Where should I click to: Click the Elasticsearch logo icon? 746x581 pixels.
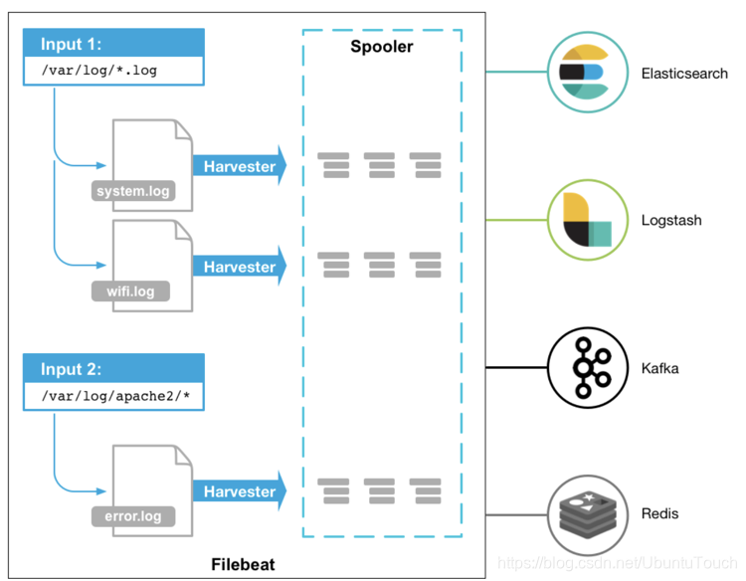coord(588,73)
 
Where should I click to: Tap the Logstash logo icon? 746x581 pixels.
coord(588,220)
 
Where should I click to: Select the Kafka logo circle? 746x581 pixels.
coord(588,368)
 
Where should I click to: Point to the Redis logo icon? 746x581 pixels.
coord(588,515)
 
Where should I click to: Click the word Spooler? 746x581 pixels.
coord(382,47)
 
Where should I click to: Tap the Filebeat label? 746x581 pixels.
coord(243,564)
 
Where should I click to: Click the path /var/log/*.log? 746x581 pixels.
coord(98,71)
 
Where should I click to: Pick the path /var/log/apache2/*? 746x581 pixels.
coord(115,396)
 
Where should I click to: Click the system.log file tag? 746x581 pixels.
coord(133,191)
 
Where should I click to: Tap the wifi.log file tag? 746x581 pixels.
coord(130,290)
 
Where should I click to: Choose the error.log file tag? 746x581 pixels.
coord(133,516)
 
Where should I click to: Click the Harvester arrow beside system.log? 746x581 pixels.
coord(240,166)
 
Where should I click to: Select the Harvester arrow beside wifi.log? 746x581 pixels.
coord(240,267)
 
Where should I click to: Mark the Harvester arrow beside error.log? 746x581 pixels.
coord(240,491)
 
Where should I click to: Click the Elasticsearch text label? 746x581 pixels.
coord(684,74)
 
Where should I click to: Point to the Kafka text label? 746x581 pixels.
coord(659,368)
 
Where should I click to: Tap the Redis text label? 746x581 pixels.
coord(659,513)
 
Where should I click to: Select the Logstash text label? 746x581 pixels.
coord(671,220)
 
